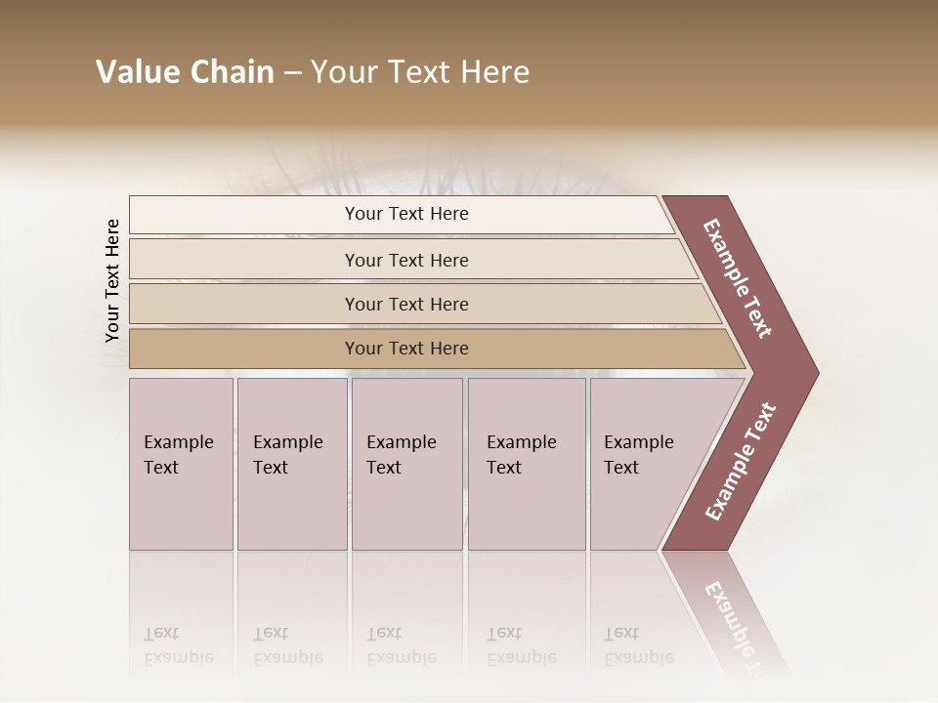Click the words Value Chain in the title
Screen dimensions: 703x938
pos(185,72)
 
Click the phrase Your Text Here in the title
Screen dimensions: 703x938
pos(420,72)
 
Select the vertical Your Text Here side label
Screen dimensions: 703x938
pos(112,280)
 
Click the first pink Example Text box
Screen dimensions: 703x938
pos(181,464)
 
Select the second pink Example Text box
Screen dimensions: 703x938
pos(292,464)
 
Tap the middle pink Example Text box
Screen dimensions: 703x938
pos(406,464)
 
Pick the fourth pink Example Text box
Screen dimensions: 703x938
pos(527,464)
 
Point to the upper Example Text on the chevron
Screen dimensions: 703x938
pos(738,278)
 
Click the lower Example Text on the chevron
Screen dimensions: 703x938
pos(741,461)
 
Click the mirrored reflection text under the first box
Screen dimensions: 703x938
pos(178,645)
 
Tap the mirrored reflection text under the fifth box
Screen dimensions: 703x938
pos(638,645)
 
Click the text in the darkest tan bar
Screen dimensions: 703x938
pos(406,349)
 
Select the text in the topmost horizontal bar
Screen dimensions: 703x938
pos(406,214)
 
